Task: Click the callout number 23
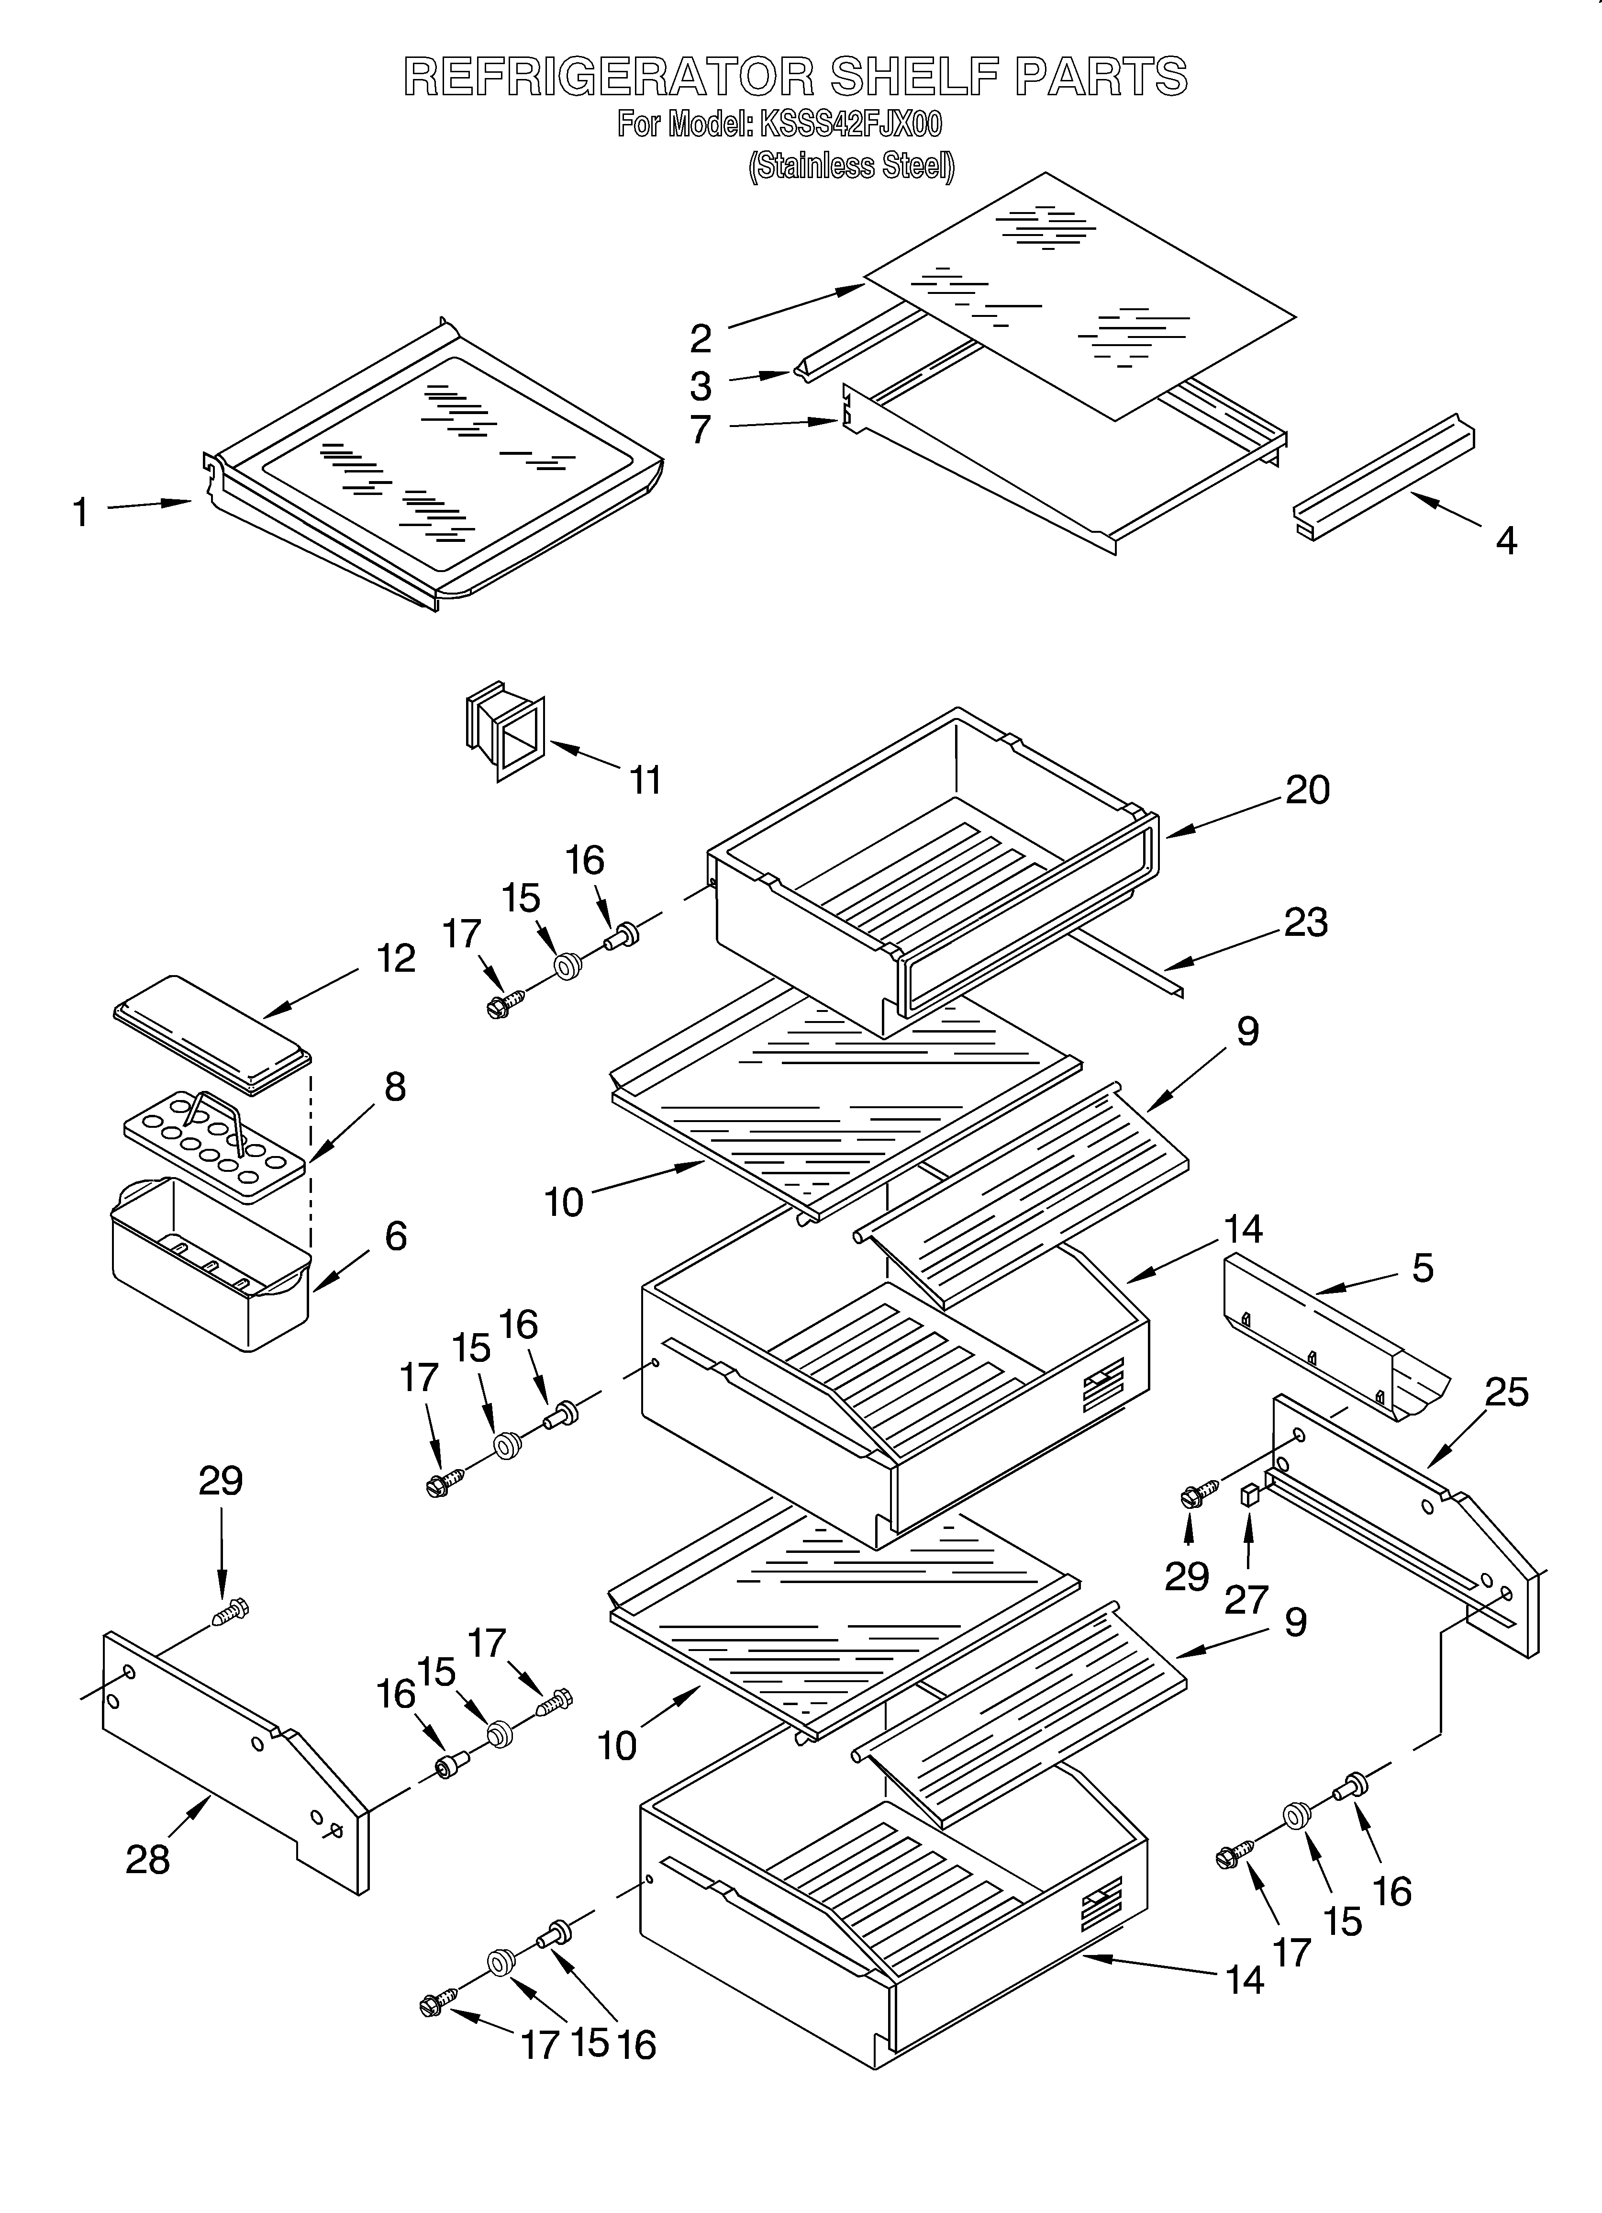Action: click(1305, 922)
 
